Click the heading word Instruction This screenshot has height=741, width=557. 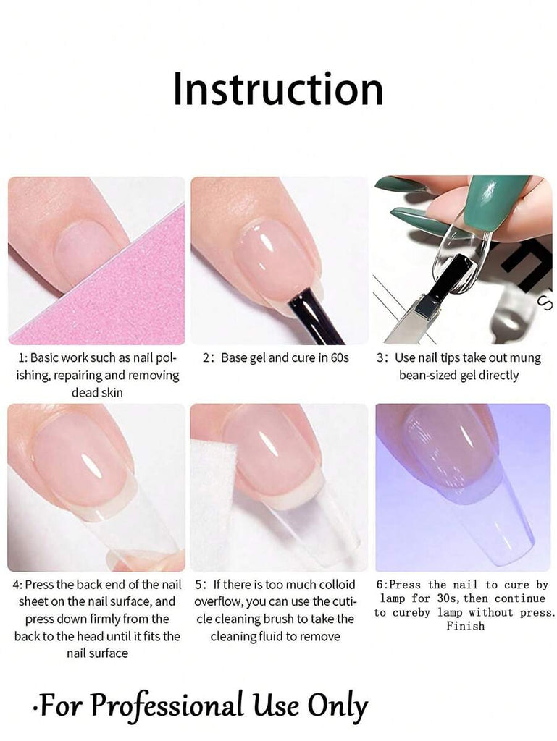click(x=278, y=89)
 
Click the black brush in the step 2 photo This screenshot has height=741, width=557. click(x=317, y=316)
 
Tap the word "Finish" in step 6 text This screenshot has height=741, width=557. click(x=465, y=626)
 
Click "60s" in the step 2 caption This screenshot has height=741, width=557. click(x=339, y=357)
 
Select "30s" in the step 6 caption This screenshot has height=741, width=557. click(x=446, y=598)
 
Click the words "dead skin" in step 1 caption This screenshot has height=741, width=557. click(x=97, y=393)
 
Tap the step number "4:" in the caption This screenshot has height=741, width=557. click(x=17, y=585)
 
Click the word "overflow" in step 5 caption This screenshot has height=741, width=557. click(x=218, y=602)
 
